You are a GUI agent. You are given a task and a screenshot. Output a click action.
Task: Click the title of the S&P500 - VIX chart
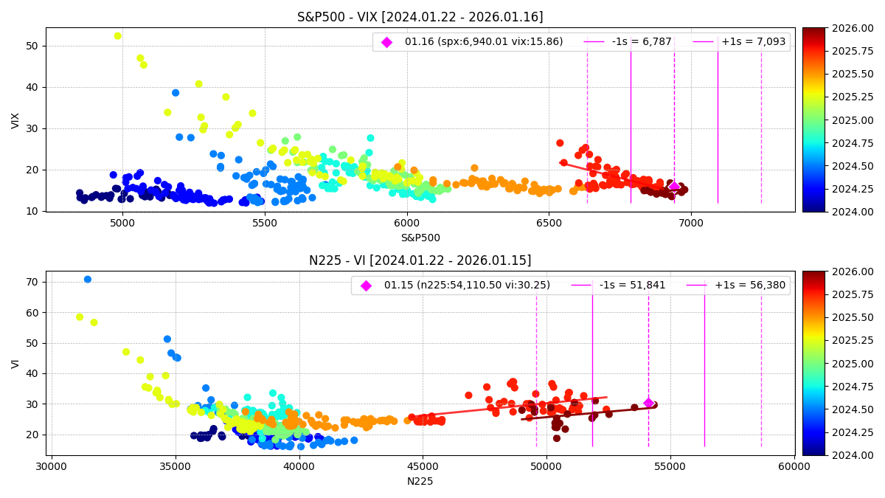tap(420, 17)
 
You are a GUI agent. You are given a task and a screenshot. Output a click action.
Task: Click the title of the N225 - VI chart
tap(420, 260)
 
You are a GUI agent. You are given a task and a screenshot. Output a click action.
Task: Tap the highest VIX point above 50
tap(117, 35)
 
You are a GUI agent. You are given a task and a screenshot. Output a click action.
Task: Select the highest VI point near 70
tap(88, 280)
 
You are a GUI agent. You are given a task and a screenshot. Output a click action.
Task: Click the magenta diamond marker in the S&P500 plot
tap(674, 186)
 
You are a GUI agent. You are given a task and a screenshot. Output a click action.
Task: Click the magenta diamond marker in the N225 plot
tap(648, 403)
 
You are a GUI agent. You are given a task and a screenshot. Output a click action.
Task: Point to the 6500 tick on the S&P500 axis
tap(549, 221)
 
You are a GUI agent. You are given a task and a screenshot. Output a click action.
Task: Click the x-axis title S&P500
tap(420, 238)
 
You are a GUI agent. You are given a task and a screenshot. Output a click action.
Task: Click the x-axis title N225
tap(420, 481)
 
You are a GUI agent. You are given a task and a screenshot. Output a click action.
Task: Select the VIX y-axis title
tap(15, 120)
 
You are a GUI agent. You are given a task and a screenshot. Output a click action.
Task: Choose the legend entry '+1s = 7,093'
tap(753, 42)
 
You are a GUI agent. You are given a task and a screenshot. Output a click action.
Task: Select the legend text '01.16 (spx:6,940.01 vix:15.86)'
tap(483, 42)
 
